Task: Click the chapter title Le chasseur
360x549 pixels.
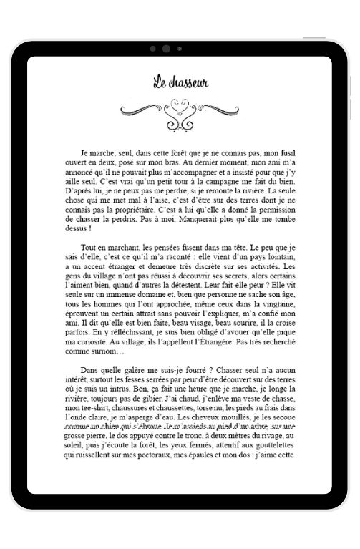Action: (x=180, y=82)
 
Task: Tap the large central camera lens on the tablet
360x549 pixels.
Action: (x=167, y=49)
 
